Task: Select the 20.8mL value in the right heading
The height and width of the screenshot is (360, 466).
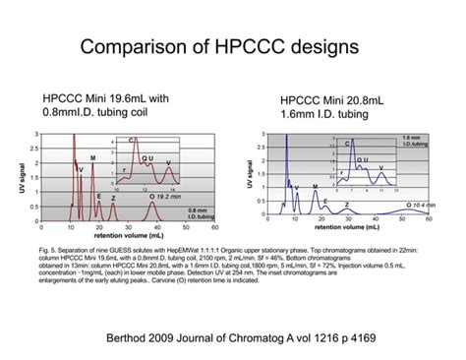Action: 358,99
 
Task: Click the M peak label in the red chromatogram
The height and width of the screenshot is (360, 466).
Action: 92,157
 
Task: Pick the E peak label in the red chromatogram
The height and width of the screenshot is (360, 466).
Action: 99,196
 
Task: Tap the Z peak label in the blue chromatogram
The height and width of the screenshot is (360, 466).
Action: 347,205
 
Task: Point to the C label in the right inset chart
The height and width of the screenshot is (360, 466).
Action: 347,145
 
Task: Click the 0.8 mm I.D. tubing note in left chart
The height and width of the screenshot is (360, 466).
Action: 199,212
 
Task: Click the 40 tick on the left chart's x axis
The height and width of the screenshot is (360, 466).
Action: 154,227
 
